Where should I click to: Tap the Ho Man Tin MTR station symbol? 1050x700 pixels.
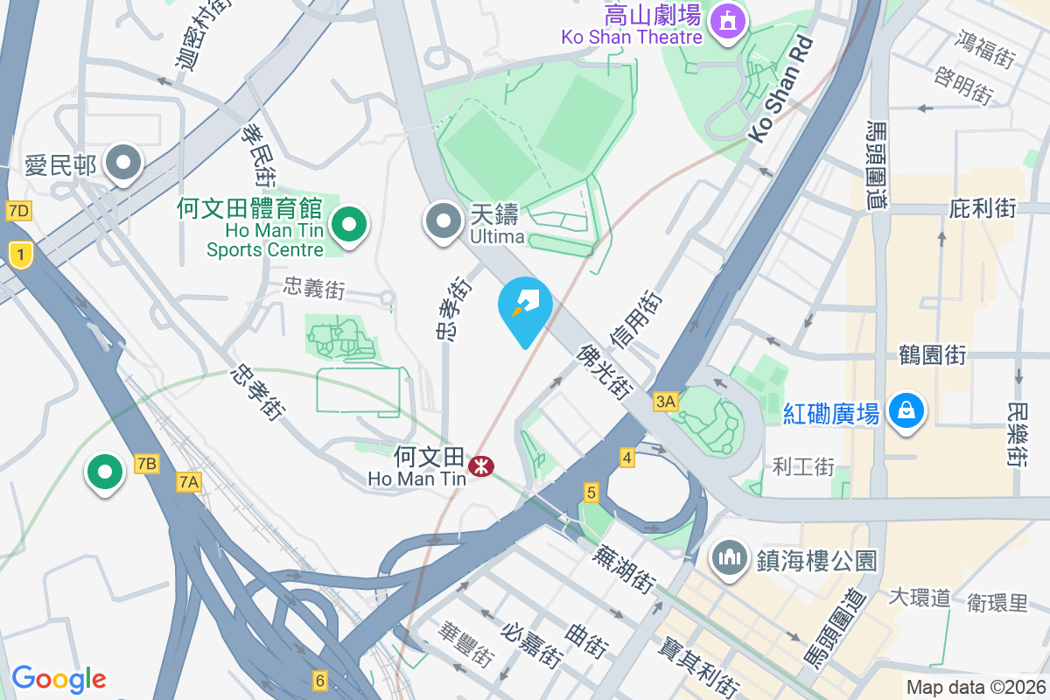[479, 465]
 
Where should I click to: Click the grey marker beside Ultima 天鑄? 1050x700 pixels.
[443, 220]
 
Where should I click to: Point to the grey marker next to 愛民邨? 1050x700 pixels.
[123, 163]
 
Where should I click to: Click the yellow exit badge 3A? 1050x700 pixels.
[665, 402]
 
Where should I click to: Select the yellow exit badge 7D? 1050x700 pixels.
[17, 211]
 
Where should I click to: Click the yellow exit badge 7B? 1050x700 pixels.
[147, 464]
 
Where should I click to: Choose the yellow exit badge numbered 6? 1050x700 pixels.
[320, 680]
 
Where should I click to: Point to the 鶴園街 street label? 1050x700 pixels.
[933, 355]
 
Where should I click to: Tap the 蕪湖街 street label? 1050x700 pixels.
[624, 569]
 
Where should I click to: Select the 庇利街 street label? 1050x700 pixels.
[983, 208]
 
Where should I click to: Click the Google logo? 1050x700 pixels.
[59, 679]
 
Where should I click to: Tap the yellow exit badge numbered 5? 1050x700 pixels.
[591, 493]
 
